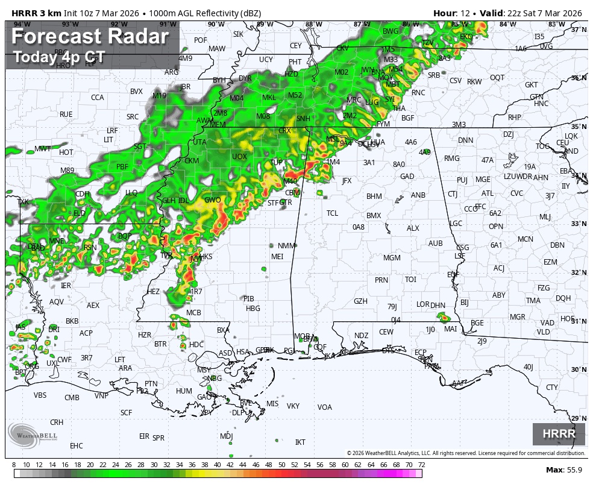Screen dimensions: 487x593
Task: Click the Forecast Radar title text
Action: pos(90,37)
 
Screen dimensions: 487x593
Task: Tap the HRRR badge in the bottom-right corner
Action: pos(559,434)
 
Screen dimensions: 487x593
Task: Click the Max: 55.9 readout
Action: pos(563,470)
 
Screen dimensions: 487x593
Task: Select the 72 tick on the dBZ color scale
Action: pos(421,465)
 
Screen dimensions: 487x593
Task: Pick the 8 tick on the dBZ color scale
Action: pos(14,465)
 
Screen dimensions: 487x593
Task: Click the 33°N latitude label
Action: pos(579,223)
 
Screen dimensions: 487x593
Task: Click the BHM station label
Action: pos(374,196)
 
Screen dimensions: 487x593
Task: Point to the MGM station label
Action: pos(392,258)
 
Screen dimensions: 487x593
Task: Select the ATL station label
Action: pos(487,193)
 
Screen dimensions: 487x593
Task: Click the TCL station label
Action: pos(332,213)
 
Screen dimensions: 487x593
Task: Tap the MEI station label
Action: pos(277,256)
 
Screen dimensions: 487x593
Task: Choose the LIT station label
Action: pos(108,139)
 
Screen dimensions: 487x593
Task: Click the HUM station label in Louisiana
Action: pos(184,391)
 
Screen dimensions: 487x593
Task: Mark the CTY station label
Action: pos(551,388)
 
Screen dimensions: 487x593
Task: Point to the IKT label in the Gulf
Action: pos(300,442)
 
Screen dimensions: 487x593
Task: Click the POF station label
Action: pos(201,40)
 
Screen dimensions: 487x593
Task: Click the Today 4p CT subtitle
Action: pos(59,57)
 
